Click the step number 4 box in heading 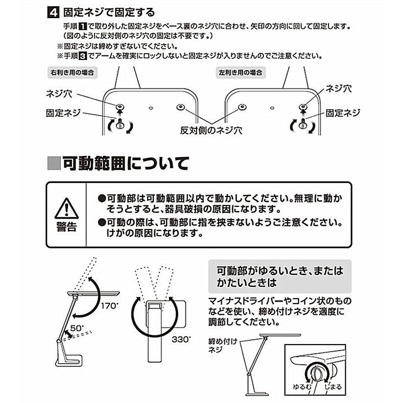click(52, 12)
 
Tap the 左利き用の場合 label click(240, 72)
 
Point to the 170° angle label click(110, 306)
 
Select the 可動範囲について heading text click(125, 163)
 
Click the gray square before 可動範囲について click(53, 163)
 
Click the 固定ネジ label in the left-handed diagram click(343, 113)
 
